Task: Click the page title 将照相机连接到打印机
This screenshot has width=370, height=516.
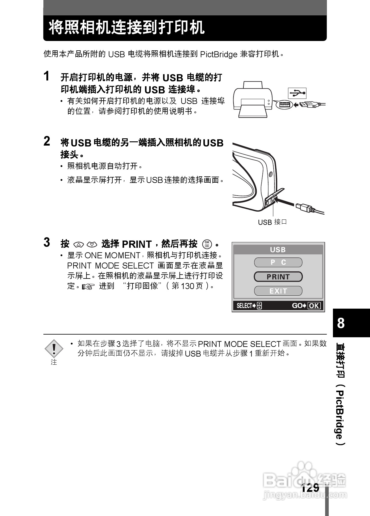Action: (127, 28)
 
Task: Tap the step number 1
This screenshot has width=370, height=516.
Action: (47, 76)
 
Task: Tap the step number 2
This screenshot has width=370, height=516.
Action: (47, 141)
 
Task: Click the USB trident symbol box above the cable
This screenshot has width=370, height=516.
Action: (297, 93)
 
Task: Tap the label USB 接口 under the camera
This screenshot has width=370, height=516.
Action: (272, 222)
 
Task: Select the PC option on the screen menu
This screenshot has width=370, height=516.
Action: (278, 263)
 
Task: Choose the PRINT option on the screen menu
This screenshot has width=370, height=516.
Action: (278, 277)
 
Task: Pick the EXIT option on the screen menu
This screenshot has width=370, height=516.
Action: (278, 291)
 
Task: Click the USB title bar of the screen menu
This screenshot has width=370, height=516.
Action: (278, 250)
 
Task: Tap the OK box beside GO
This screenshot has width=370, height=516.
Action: (314, 306)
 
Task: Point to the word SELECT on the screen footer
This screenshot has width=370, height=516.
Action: (244, 306)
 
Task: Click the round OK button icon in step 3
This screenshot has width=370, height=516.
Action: (207, 244)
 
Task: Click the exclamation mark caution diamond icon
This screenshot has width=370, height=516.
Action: (54, 349)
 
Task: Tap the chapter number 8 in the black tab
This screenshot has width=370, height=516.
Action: (341, 323)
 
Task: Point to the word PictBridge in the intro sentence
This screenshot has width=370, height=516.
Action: (219, 55)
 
